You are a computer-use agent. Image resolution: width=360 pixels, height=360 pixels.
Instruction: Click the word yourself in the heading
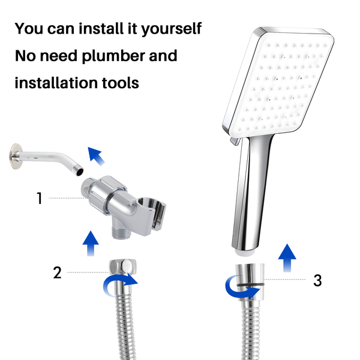[171, 29]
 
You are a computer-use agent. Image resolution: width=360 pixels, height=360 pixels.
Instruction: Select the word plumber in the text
[113, 56]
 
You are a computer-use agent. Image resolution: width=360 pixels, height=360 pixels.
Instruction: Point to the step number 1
[40, 198]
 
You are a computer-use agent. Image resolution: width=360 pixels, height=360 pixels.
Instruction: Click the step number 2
[57, 272]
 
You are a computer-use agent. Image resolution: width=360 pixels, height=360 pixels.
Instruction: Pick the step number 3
[317, 280]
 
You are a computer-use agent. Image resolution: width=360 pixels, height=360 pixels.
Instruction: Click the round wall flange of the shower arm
[16, 156]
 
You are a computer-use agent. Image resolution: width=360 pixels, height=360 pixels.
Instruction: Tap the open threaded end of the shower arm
[79, 172]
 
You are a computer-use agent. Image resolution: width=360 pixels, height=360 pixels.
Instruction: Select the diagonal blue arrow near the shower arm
[96, 157]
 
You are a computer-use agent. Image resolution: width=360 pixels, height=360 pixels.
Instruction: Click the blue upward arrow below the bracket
[91, 244]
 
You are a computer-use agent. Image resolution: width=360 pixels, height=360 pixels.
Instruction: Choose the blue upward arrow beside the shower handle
[287, 258]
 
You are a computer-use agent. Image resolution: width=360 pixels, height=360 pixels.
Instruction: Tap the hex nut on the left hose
[122, 266]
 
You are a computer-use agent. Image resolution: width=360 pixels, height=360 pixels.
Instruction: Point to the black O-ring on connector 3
[250, 285]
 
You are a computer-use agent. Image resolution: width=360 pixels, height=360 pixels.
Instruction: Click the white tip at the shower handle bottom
[245, 252]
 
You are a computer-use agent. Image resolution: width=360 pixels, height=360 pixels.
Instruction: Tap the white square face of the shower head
[281, 83]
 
